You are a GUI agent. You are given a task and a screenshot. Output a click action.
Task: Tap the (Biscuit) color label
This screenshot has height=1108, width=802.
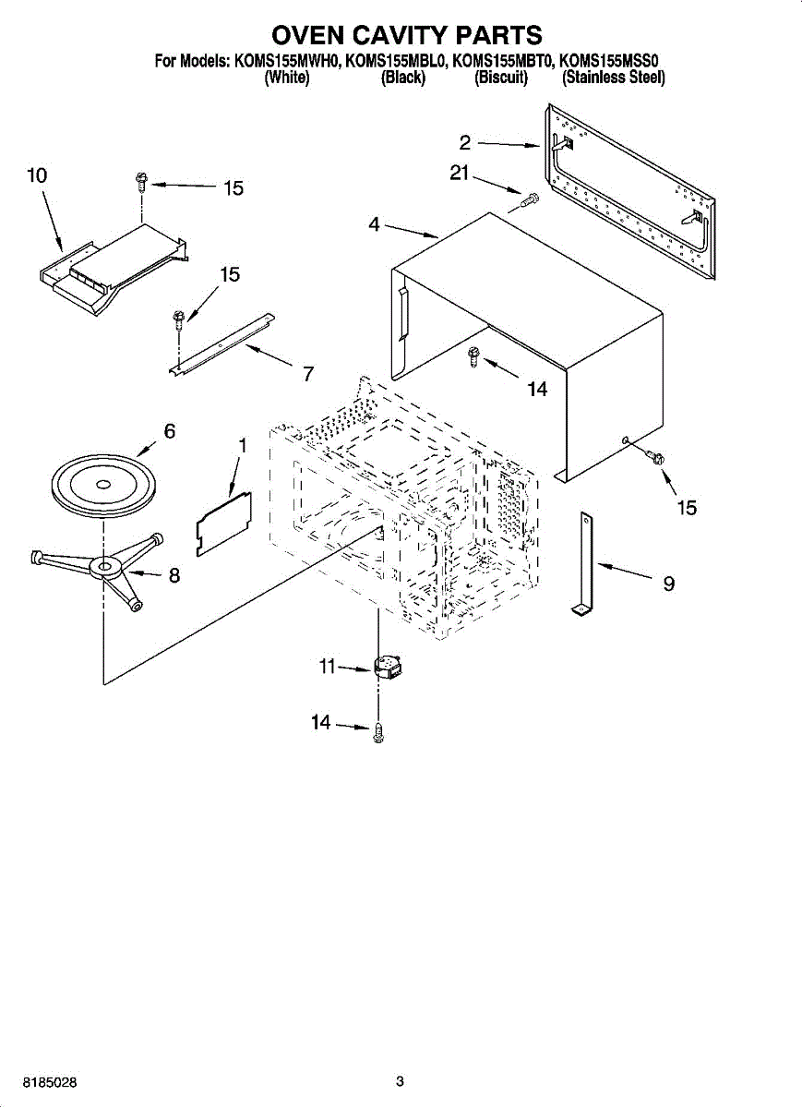(x=500, y=78)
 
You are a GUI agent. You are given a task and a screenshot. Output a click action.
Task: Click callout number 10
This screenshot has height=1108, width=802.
(x=37, y=175)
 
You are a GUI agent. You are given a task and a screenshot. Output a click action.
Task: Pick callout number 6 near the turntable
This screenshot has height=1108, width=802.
(x=169, y=430)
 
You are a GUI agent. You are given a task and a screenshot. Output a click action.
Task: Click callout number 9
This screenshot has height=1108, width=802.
(x=668, y=584)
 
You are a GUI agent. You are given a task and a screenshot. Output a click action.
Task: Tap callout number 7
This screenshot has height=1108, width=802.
(x=308, y=374)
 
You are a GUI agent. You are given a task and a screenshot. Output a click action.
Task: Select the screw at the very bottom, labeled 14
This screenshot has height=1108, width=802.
(x=378, y=732)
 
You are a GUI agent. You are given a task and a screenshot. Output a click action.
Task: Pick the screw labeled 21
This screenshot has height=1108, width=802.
(x=530, y=199)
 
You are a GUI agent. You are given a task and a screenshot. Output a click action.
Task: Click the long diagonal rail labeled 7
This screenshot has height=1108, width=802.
(x=223, y=343)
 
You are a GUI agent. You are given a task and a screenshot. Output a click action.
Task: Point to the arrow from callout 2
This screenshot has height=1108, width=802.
(x=509, y=143)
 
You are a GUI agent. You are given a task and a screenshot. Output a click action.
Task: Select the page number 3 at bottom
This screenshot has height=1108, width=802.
(x=400, y=1081)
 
